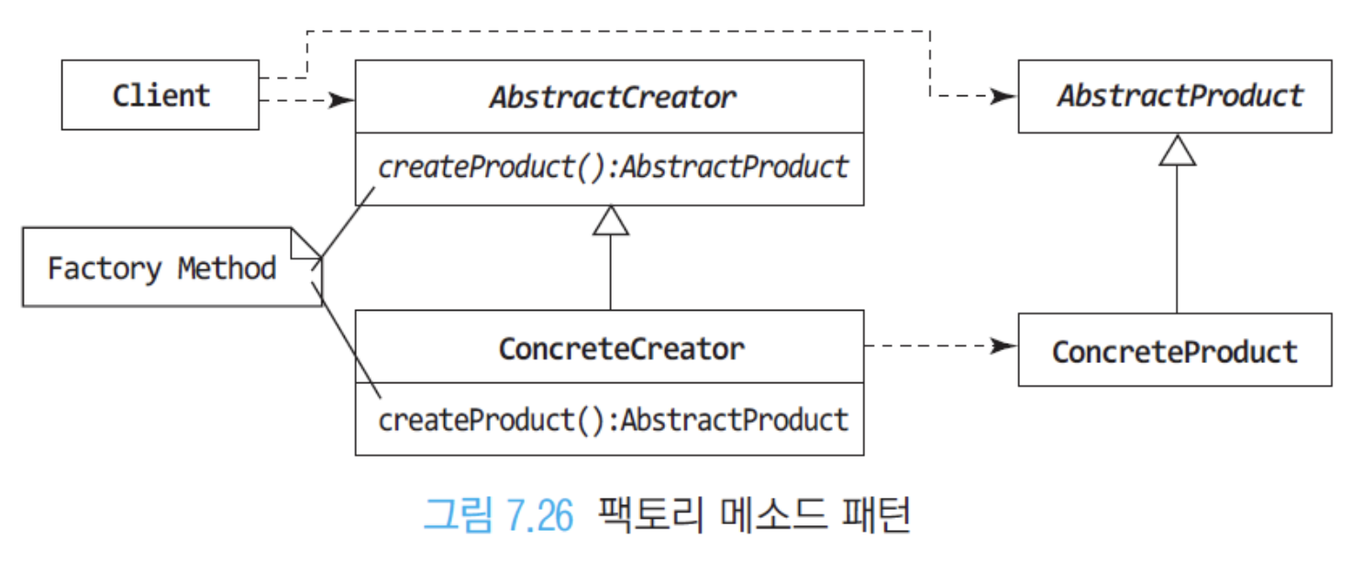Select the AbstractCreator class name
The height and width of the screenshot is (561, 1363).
[613, 97]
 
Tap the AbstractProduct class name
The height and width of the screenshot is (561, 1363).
[1180, 95]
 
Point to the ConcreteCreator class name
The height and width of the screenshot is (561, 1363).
[621, 349]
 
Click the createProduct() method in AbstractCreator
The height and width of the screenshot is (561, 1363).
[613, 167]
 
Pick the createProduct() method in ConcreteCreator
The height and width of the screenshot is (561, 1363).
[613, 420]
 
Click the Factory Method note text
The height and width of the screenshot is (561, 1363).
[161, 269]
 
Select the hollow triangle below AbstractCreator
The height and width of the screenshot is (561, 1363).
[611, 221]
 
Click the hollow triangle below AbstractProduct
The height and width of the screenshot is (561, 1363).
[1178, 150]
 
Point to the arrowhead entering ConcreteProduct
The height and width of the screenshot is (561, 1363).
[1004, 346]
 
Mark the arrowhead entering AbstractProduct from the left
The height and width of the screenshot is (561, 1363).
[1004, 96]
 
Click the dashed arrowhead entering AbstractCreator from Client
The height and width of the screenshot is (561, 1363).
[341, 100]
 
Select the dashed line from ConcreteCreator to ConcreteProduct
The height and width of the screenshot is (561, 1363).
[941, 346]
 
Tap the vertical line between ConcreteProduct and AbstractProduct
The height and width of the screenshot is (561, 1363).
[1177, 239]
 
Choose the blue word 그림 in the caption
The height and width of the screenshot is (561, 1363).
[458, 515]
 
